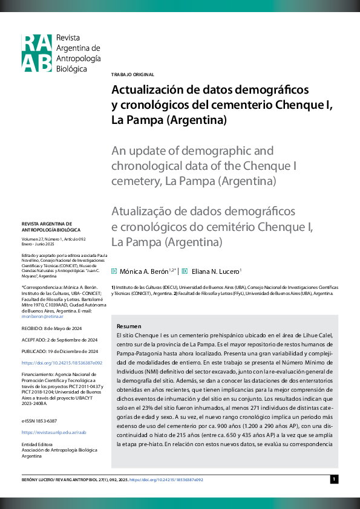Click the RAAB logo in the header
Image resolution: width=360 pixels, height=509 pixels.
point(37,53)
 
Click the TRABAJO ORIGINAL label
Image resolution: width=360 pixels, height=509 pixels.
point(133,74)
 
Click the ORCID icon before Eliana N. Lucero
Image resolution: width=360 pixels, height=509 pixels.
point(185,271)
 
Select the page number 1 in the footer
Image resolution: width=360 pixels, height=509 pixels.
point(333,479)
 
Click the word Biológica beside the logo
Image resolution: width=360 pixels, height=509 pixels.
point(71,69)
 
